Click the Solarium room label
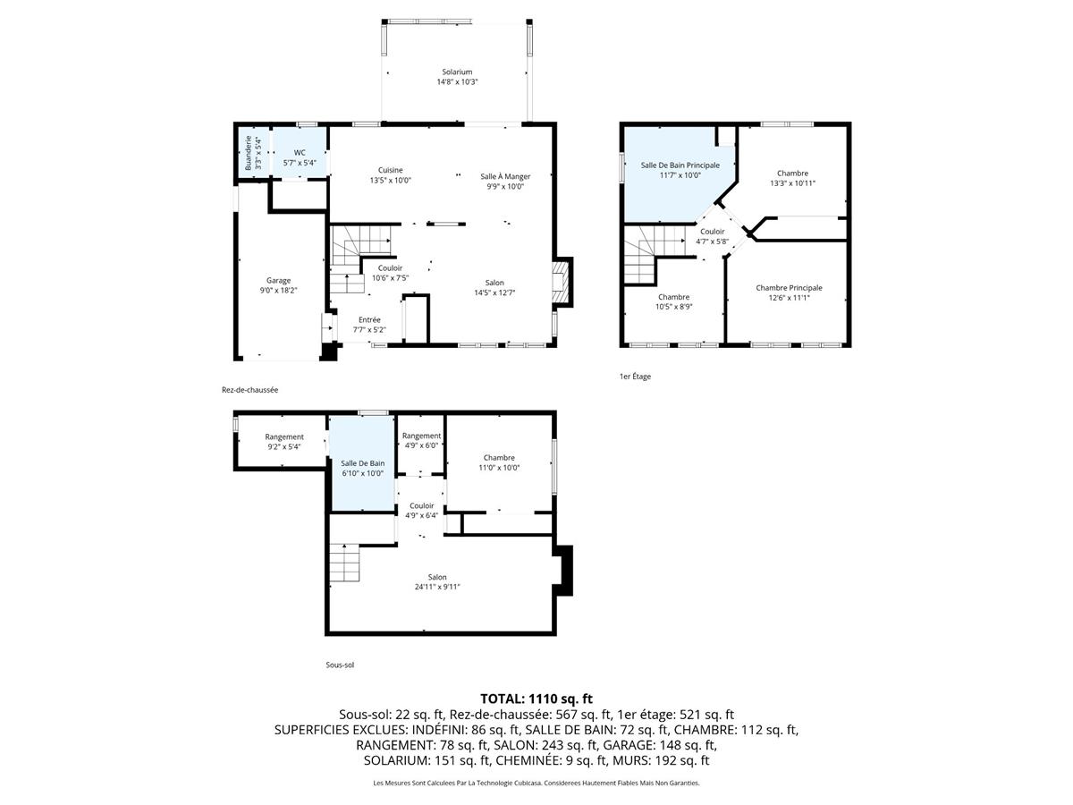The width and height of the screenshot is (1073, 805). click(456, 72)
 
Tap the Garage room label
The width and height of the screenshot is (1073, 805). click(278, 280)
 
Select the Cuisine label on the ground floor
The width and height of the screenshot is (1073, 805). click(390, 170)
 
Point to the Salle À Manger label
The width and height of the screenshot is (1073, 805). click(505, 176)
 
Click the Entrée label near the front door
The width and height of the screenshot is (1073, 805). click(369, 319)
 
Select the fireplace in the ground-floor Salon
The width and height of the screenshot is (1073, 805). click(561, 283)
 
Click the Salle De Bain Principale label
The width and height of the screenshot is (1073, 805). click(680, 165)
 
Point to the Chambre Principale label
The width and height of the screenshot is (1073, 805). click(789, 288)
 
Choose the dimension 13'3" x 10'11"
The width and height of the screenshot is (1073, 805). click(792, 183)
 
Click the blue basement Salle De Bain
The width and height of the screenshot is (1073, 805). click(362, 465)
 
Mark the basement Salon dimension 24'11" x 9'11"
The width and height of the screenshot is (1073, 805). click(437, 587)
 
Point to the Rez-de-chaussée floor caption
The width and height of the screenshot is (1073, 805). click(250, 389)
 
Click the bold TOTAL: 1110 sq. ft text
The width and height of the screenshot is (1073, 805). click(536, 699)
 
